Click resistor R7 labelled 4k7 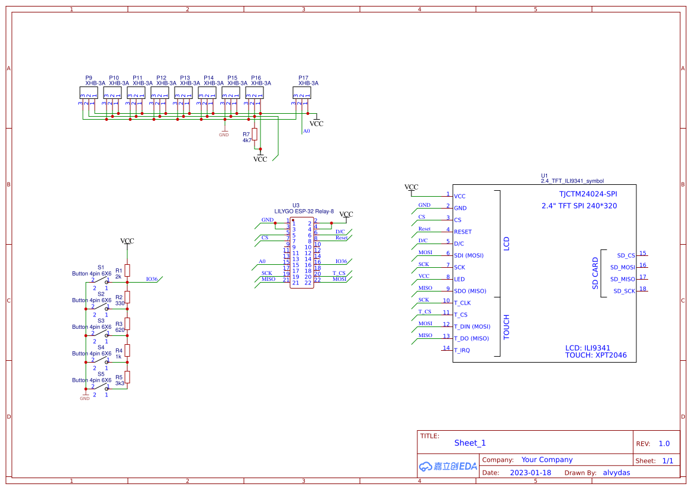[x=255, y=134]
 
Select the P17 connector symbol [x=301, y=93]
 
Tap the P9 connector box [x=88, y=93]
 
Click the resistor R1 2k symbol [x=127, y=271]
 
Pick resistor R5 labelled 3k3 [x=127, y=377]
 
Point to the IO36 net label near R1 [x=152, y=278]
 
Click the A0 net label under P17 [x=306, y=131]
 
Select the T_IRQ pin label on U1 [x=462, y=350]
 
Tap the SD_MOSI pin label [x=622, y=267]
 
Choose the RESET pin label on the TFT [x=463, y=232]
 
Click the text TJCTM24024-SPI [x=588, y=194]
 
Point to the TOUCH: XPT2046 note [x=596, y=356]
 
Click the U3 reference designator [x=296, y=205]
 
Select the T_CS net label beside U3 [x=338, y=273]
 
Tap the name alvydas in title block [x=616, y=473]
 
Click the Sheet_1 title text [x=469, y=443]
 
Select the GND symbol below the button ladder [x=85, y=396]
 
